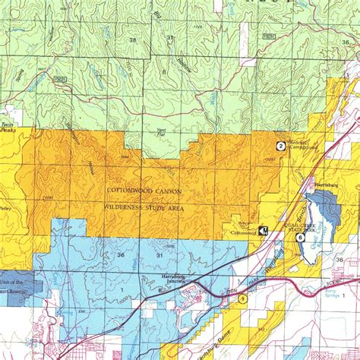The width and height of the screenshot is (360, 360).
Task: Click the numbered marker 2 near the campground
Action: tap(280, 146)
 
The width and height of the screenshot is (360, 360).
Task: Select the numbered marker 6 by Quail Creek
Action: tap(301, 238)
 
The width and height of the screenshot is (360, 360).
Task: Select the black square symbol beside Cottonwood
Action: tap(264, 229)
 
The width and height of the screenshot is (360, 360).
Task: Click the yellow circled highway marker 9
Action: tap(242, 301)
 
